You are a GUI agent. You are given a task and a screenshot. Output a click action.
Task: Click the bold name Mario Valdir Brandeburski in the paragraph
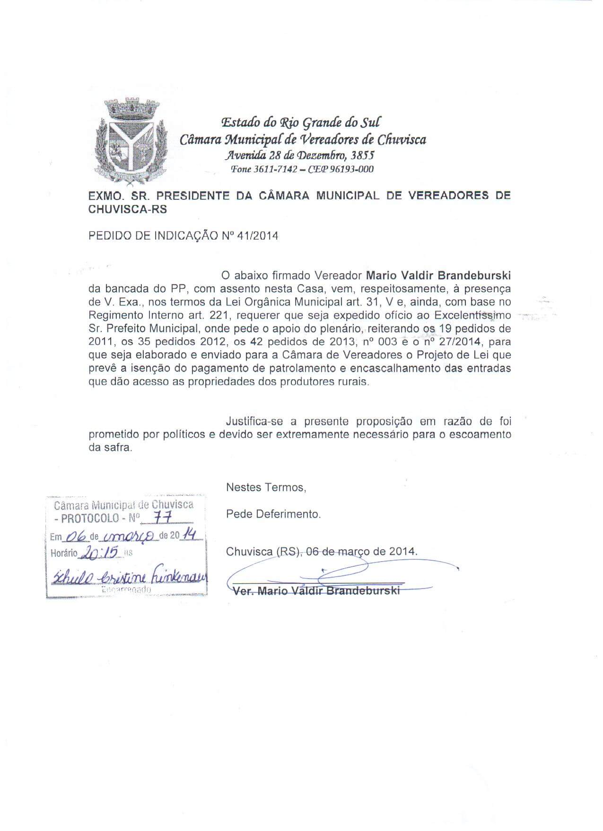(x=439, y=276)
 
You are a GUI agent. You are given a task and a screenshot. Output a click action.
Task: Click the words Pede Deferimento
(x=273, y=514)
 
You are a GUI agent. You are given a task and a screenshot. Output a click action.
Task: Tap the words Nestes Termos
(x=266, y=487)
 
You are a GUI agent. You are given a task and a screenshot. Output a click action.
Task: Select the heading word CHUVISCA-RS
(x=128, y=209)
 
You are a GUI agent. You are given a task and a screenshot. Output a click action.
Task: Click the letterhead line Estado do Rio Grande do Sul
(x=300, y=123)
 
